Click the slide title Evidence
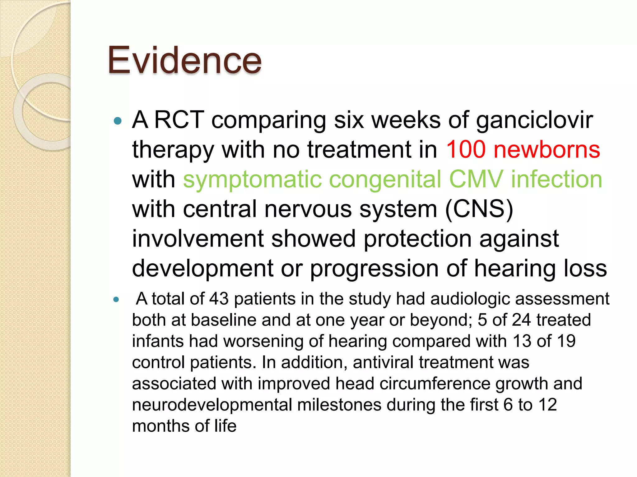click(x=184, y=60)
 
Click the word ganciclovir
click(x=534, y=120)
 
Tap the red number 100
click(x=466, y=149)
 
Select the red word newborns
click(x=547, y=149)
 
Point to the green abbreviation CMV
click(x=476, y=179)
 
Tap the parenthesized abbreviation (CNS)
click(x=479, y=209)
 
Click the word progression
click(x=374, y=269)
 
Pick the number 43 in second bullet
click(x=219, y=299)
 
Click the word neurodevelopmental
click(x=212, y=405)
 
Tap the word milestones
click(x=339, y=405)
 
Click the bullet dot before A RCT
click(x=118, y=121)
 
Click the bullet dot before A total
click(x=116, y=300)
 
